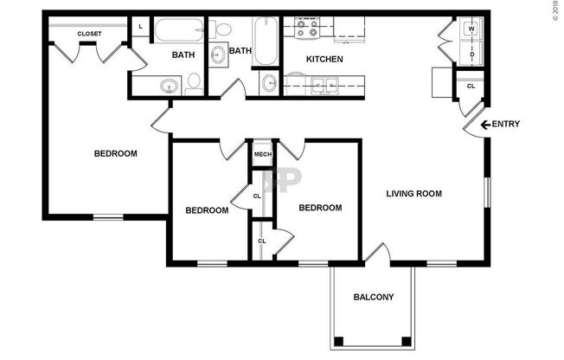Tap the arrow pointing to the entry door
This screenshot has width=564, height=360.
484,125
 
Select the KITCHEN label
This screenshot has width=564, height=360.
325,60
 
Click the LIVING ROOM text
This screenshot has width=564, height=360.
413,194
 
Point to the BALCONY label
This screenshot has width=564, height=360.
374,298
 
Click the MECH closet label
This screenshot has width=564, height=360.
262,156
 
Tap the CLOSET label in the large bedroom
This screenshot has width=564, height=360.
89,34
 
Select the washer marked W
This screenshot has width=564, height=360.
471,29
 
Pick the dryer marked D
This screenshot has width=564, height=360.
471,55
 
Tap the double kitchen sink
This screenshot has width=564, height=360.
325,84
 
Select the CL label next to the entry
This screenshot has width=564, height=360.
471,87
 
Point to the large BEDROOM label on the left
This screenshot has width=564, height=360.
115,154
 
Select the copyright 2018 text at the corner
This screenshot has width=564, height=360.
555,14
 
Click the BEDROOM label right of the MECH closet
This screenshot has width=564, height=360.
320,208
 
